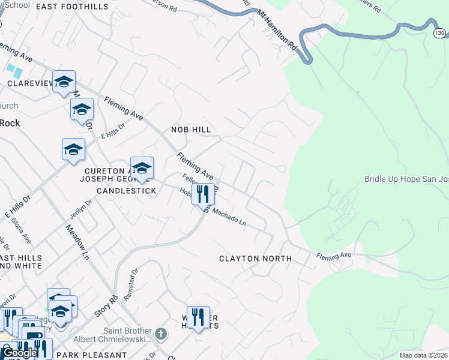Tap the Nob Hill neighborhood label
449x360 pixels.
[191, 130]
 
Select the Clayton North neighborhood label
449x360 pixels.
[255, 259]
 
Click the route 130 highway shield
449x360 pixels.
[440, 34]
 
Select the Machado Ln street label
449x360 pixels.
[231, 217]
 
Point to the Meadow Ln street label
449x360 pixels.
[77, 242]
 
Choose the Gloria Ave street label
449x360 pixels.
[20, 230]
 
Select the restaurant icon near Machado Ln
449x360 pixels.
[203, 194]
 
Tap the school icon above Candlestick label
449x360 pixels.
[142, 168]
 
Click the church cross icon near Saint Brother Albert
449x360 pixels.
[160, 333]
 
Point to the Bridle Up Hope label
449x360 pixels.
[406, 179]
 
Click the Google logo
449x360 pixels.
[19, 353]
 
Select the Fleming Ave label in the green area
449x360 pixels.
[334, 256]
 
